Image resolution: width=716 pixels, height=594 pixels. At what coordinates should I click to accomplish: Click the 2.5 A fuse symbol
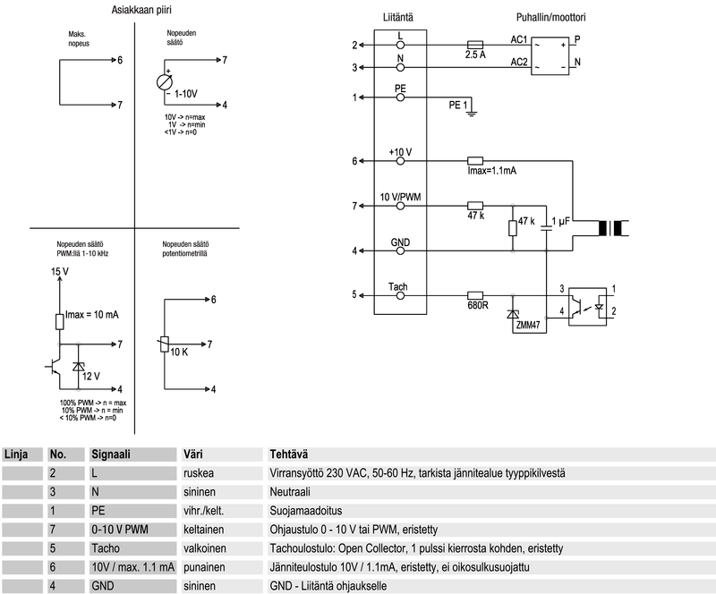point(477,44)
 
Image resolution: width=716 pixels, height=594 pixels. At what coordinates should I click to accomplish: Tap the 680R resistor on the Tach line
point(476,294)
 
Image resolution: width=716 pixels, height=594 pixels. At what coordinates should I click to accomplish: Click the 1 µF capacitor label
point(565,222)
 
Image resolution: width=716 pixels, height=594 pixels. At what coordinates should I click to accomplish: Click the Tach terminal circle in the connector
point(399,294)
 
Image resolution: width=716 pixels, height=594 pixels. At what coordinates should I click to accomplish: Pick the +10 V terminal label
point(400,152)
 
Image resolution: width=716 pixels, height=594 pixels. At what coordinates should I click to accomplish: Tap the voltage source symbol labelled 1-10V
point(165,81)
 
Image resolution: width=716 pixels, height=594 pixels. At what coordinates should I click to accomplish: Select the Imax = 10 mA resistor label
point(94,317)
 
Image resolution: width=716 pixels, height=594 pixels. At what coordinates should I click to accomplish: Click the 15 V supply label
point(60,271)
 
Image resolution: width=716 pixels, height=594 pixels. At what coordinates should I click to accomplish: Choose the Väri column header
point(193,454)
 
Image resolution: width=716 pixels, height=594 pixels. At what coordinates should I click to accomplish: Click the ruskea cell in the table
point(201,472)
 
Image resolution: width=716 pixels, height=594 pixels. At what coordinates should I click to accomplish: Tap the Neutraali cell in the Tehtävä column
point(293,491)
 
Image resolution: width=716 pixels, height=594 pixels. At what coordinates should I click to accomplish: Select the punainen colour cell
point(207,566)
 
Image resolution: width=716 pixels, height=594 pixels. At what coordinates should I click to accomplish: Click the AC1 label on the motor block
point(518,39)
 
